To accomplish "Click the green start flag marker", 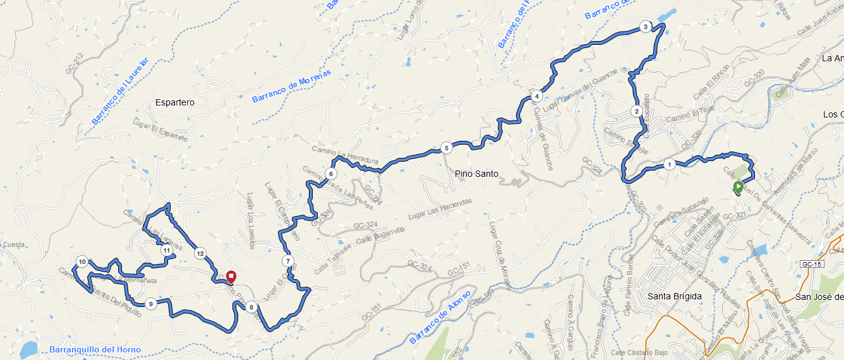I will pos(738,187).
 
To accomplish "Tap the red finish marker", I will pos(231,277).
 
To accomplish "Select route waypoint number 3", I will pos(644,27).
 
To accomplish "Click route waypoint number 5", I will pos(446,148).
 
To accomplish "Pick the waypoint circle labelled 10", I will pos(82,261).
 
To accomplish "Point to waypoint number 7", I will pos(287,261).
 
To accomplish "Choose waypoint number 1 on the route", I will pos(668,165).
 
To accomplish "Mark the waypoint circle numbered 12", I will pos(200,254).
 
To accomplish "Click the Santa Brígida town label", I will pos(675,296).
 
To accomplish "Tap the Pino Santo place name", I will pos(476,174).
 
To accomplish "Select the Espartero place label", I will pos(174,102).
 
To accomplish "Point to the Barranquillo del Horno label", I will pos(94,349).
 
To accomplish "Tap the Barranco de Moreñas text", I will pos(291,87).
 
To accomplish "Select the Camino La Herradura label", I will pos(346,153).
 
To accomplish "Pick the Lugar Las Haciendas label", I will pos(440,209).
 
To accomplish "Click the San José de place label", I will pos(819,297).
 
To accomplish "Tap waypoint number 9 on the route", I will pos(150,304).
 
